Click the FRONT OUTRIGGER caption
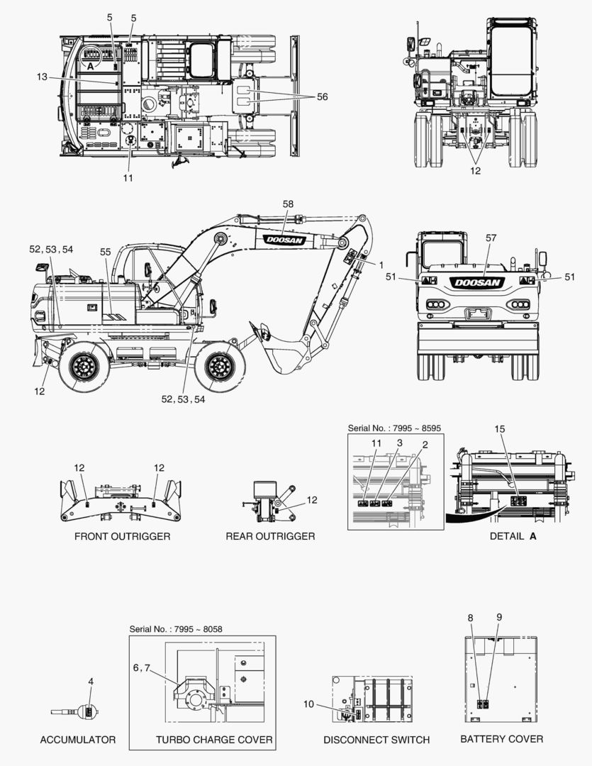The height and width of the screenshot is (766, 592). point(122,536)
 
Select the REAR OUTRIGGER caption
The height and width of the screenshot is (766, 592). point(270,536)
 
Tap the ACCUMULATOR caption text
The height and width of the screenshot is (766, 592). point(77,740)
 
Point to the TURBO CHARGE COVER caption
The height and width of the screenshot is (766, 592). point(214,740)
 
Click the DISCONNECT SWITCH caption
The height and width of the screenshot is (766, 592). point(376,740)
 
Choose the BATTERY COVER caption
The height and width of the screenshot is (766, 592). point(502,739)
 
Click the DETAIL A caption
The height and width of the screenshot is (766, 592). point(513,536)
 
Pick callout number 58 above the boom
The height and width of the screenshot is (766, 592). point(288,204)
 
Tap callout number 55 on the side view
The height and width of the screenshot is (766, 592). point(106,252)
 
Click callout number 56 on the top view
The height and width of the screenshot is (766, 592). point(322,96)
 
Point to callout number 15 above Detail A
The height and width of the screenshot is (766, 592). point(500,448)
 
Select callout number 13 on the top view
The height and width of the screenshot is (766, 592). point(42,76)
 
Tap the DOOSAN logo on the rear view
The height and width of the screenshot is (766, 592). point(479,282)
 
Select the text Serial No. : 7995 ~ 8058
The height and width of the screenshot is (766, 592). point(176,629)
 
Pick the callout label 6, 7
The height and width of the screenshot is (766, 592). point(141,667)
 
